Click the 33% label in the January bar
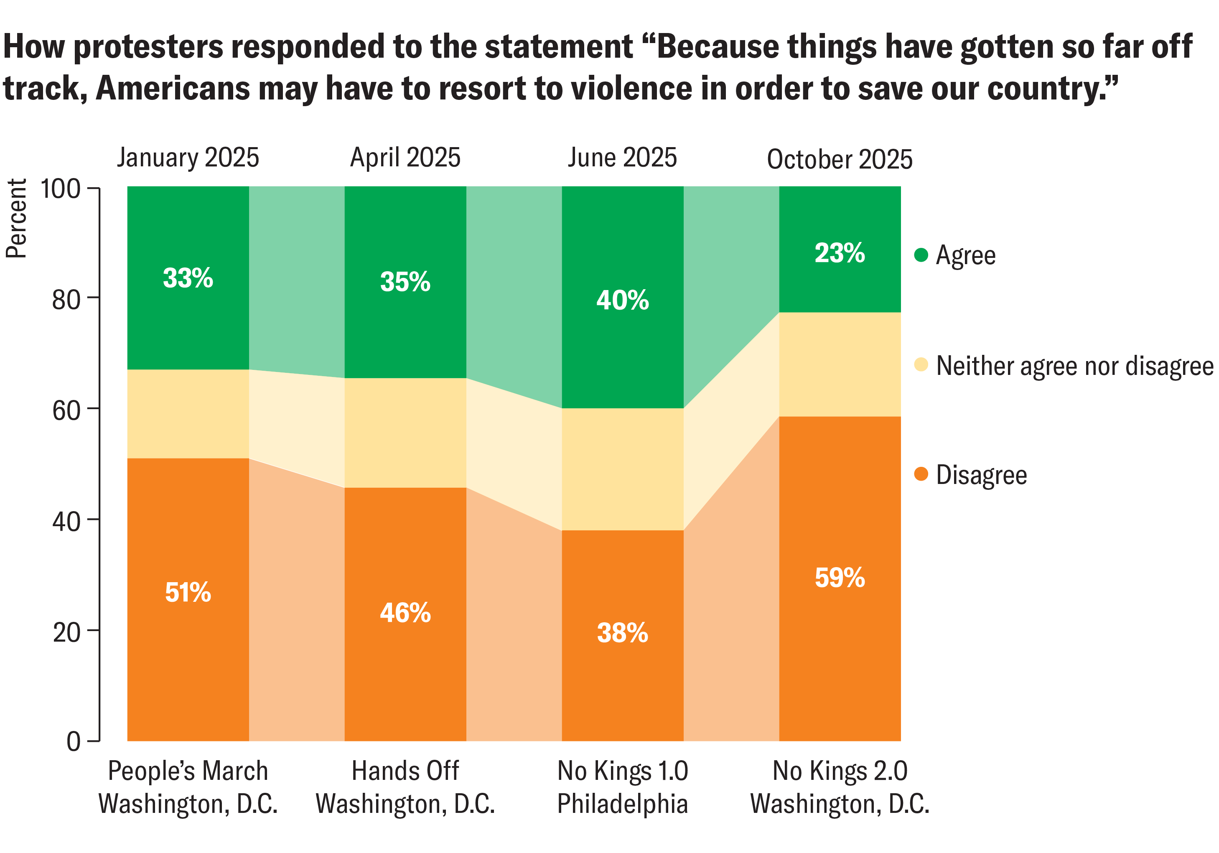pos(188,278)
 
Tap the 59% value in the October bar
pos(840,578)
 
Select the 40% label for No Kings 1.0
pos(622,300)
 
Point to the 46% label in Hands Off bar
pos(405,613)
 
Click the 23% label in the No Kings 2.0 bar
pos(840,253)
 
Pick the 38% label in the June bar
pos(622,633)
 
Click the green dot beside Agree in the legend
pos(921,255)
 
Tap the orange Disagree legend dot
pos(921,474)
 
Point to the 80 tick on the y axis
pos(66,300)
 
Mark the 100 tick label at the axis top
pos(60,189)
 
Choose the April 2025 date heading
pos(405,158)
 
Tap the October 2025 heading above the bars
pos(840,159)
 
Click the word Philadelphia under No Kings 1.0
pos(622,804)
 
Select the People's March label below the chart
pos(188,771)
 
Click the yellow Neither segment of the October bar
pos(840,364)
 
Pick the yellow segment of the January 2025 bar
pos(188,414)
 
